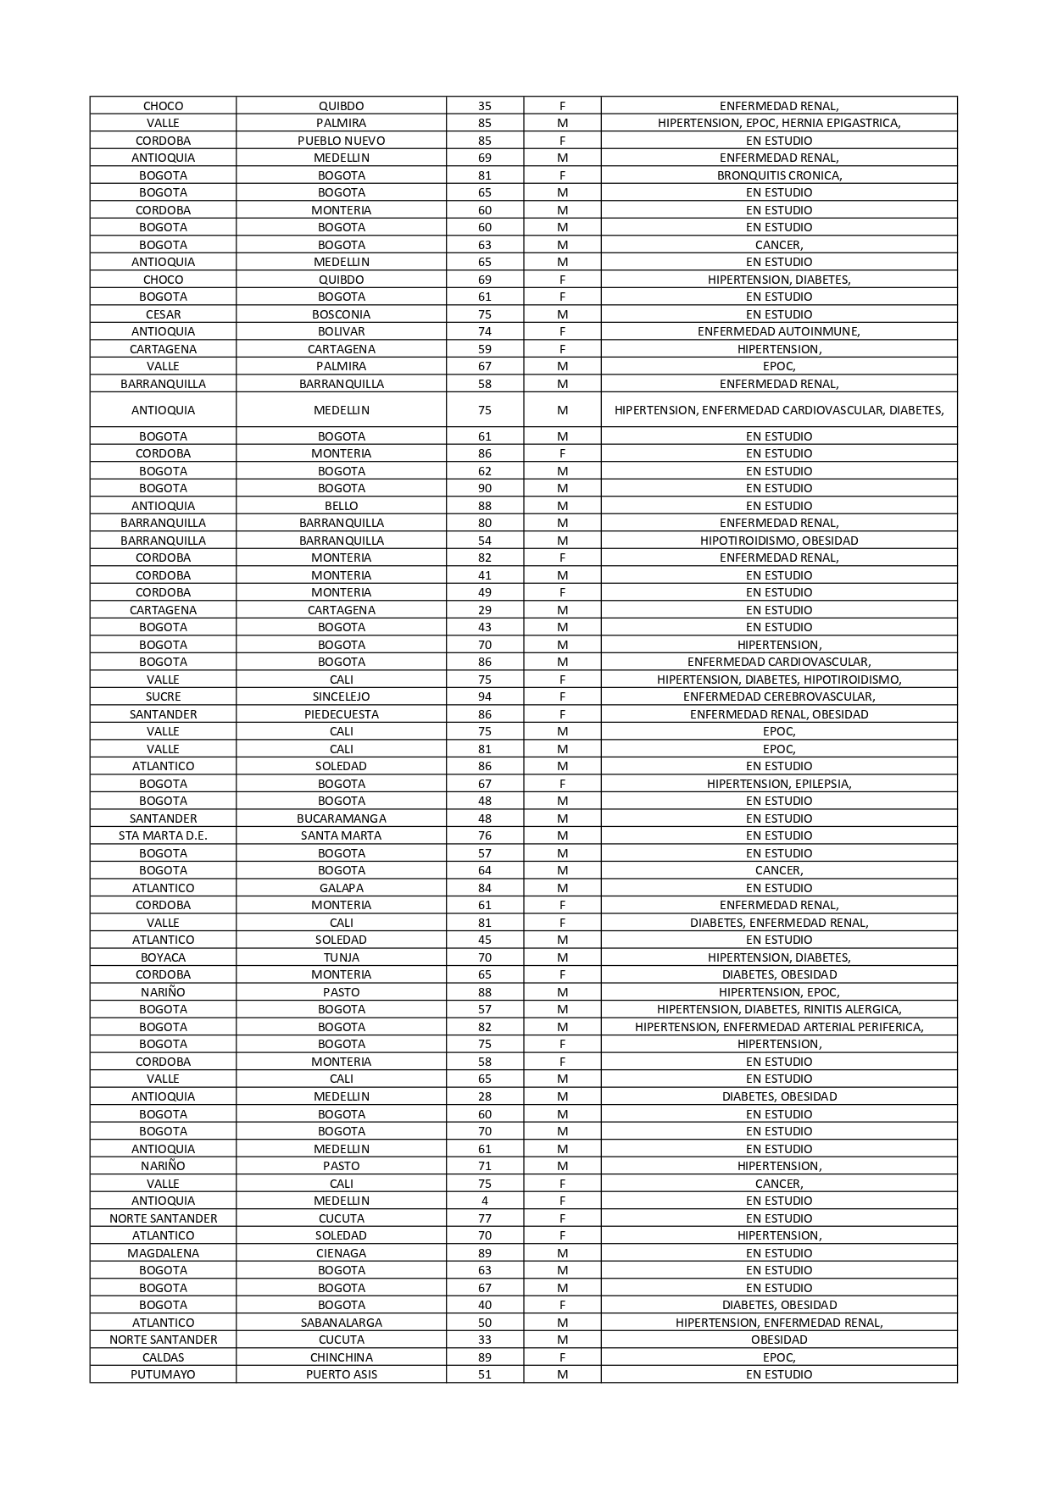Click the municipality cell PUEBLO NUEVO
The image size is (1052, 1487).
341,141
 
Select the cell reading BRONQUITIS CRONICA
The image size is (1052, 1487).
778,175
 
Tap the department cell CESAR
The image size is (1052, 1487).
163,314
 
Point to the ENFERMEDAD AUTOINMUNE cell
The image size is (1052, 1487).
778,331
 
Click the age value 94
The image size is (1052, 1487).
484,696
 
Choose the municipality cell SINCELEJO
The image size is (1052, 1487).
341,696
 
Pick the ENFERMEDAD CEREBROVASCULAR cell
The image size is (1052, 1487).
778,696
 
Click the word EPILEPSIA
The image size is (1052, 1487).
822,784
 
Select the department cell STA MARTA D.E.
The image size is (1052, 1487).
163,835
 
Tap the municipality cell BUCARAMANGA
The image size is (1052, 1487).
341,818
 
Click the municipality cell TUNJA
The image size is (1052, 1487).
341,957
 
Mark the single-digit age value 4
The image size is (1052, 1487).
484,1201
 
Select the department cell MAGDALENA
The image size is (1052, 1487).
163,1253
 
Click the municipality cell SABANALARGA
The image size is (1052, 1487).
341,1323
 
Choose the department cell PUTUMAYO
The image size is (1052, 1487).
163,1374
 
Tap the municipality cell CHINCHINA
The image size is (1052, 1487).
341,1357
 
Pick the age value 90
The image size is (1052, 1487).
484,488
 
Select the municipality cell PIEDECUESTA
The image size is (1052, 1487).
341,714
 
